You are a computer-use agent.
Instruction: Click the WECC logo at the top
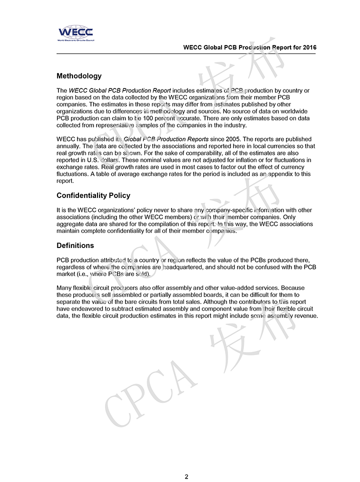tap(75, 33)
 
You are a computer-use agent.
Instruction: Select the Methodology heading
tap(79, 76)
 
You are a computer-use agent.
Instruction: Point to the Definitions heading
tap(75, 245)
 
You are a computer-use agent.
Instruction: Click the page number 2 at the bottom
tap(186, 476)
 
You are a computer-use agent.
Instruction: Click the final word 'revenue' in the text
tap(305, 316)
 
